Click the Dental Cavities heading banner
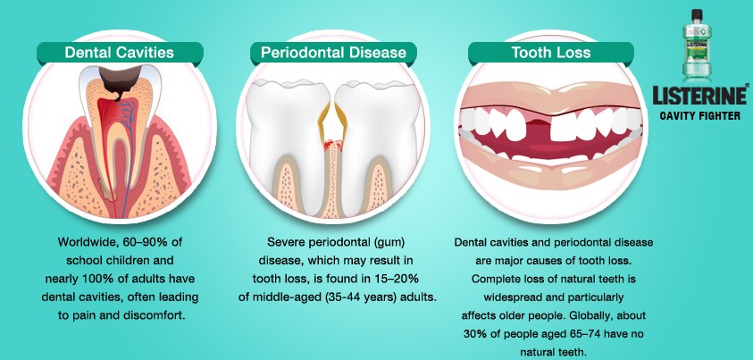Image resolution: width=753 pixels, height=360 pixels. [119, 53]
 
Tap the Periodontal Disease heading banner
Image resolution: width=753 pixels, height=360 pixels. [333, 53]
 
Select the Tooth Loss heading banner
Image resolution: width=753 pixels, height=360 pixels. [550, 53]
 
